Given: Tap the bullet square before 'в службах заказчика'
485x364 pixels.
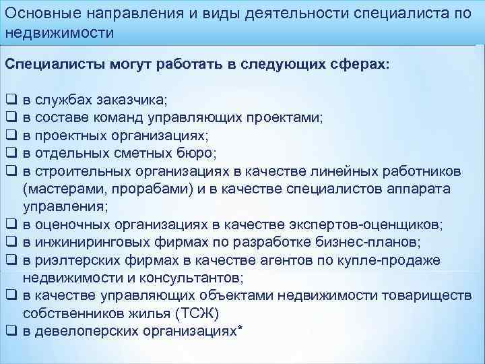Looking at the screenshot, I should [11, 100].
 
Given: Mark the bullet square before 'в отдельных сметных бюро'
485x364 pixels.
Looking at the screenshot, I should [11, 153].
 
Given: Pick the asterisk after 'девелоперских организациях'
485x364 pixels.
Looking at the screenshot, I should [240, 328].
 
